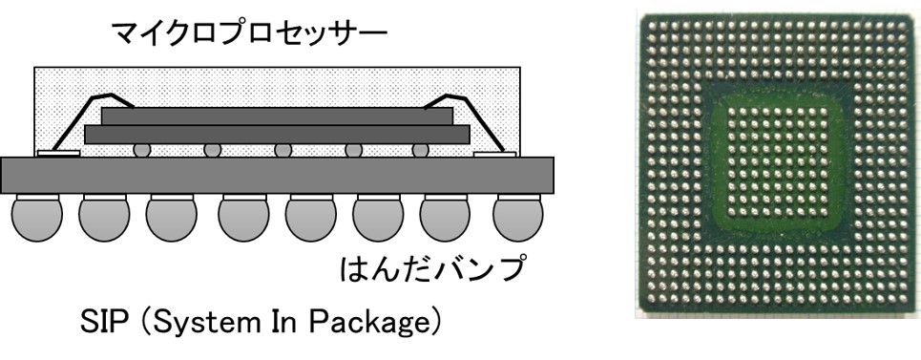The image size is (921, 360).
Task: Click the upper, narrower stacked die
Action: (277, 116)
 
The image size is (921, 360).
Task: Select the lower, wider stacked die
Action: (277, 135)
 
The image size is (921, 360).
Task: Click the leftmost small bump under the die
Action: (141, 150)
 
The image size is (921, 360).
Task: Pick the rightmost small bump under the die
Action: (416, 150)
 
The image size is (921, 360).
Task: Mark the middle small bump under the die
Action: (283, 150)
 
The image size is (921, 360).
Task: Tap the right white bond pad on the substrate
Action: (494, 153)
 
